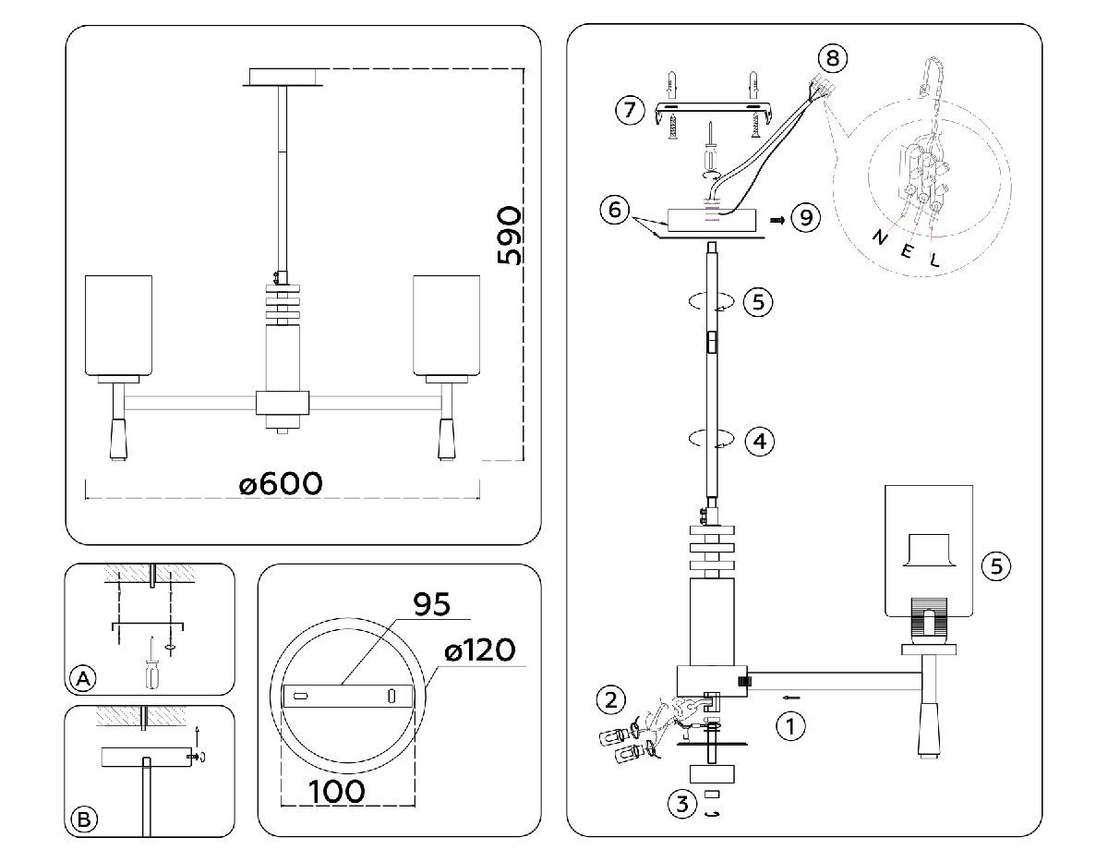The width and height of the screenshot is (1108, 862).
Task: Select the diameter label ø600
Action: (281, 483)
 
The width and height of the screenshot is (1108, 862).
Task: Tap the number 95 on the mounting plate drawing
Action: (429, 605)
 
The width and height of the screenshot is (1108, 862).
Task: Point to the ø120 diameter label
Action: (479, 650)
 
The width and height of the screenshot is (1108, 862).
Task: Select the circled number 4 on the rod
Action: (759, 442)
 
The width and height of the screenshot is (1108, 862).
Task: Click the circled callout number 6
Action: (611, 210)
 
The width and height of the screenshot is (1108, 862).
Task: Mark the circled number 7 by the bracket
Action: (630, 111)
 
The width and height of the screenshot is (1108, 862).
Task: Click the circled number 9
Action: (806, 218)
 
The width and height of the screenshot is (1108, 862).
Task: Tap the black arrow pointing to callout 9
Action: (777, 220)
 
